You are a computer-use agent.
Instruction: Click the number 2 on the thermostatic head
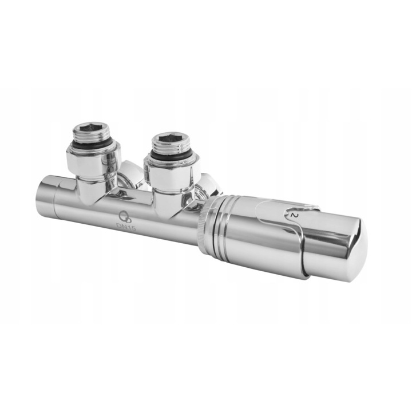coord(294,216)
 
